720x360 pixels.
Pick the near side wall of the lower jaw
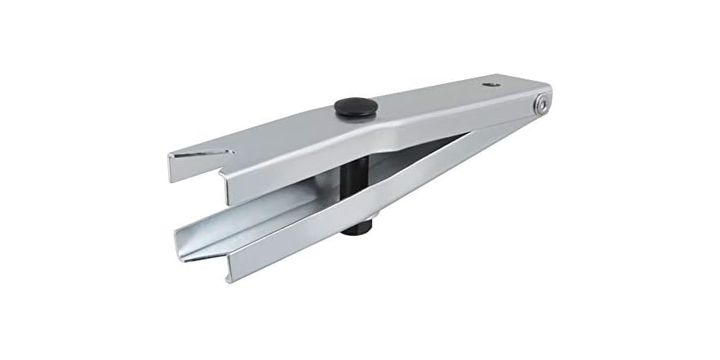[286, 248]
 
